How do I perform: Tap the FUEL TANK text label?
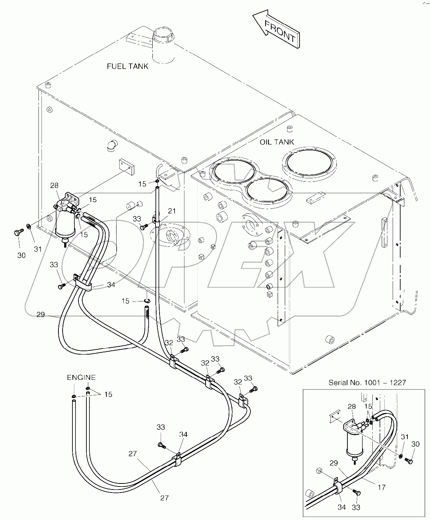coord(127,66)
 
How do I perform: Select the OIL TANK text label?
coord(276,142)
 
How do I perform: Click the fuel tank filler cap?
coord(163,36)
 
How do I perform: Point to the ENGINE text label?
coord(81,377)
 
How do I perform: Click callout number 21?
coord(172,211)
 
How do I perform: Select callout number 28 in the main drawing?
coord(54,185)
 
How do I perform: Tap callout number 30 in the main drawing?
coord(21,255)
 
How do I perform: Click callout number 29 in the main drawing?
coord(41,314)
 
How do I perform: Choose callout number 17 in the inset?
coord(382,487)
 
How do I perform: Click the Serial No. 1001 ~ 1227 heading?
coord(367,382)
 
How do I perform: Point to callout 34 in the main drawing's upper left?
coord(111,285)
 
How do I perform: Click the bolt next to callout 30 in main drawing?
coord(18,233)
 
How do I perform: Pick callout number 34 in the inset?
coord(341,508)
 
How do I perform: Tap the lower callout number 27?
coord(164,498)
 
